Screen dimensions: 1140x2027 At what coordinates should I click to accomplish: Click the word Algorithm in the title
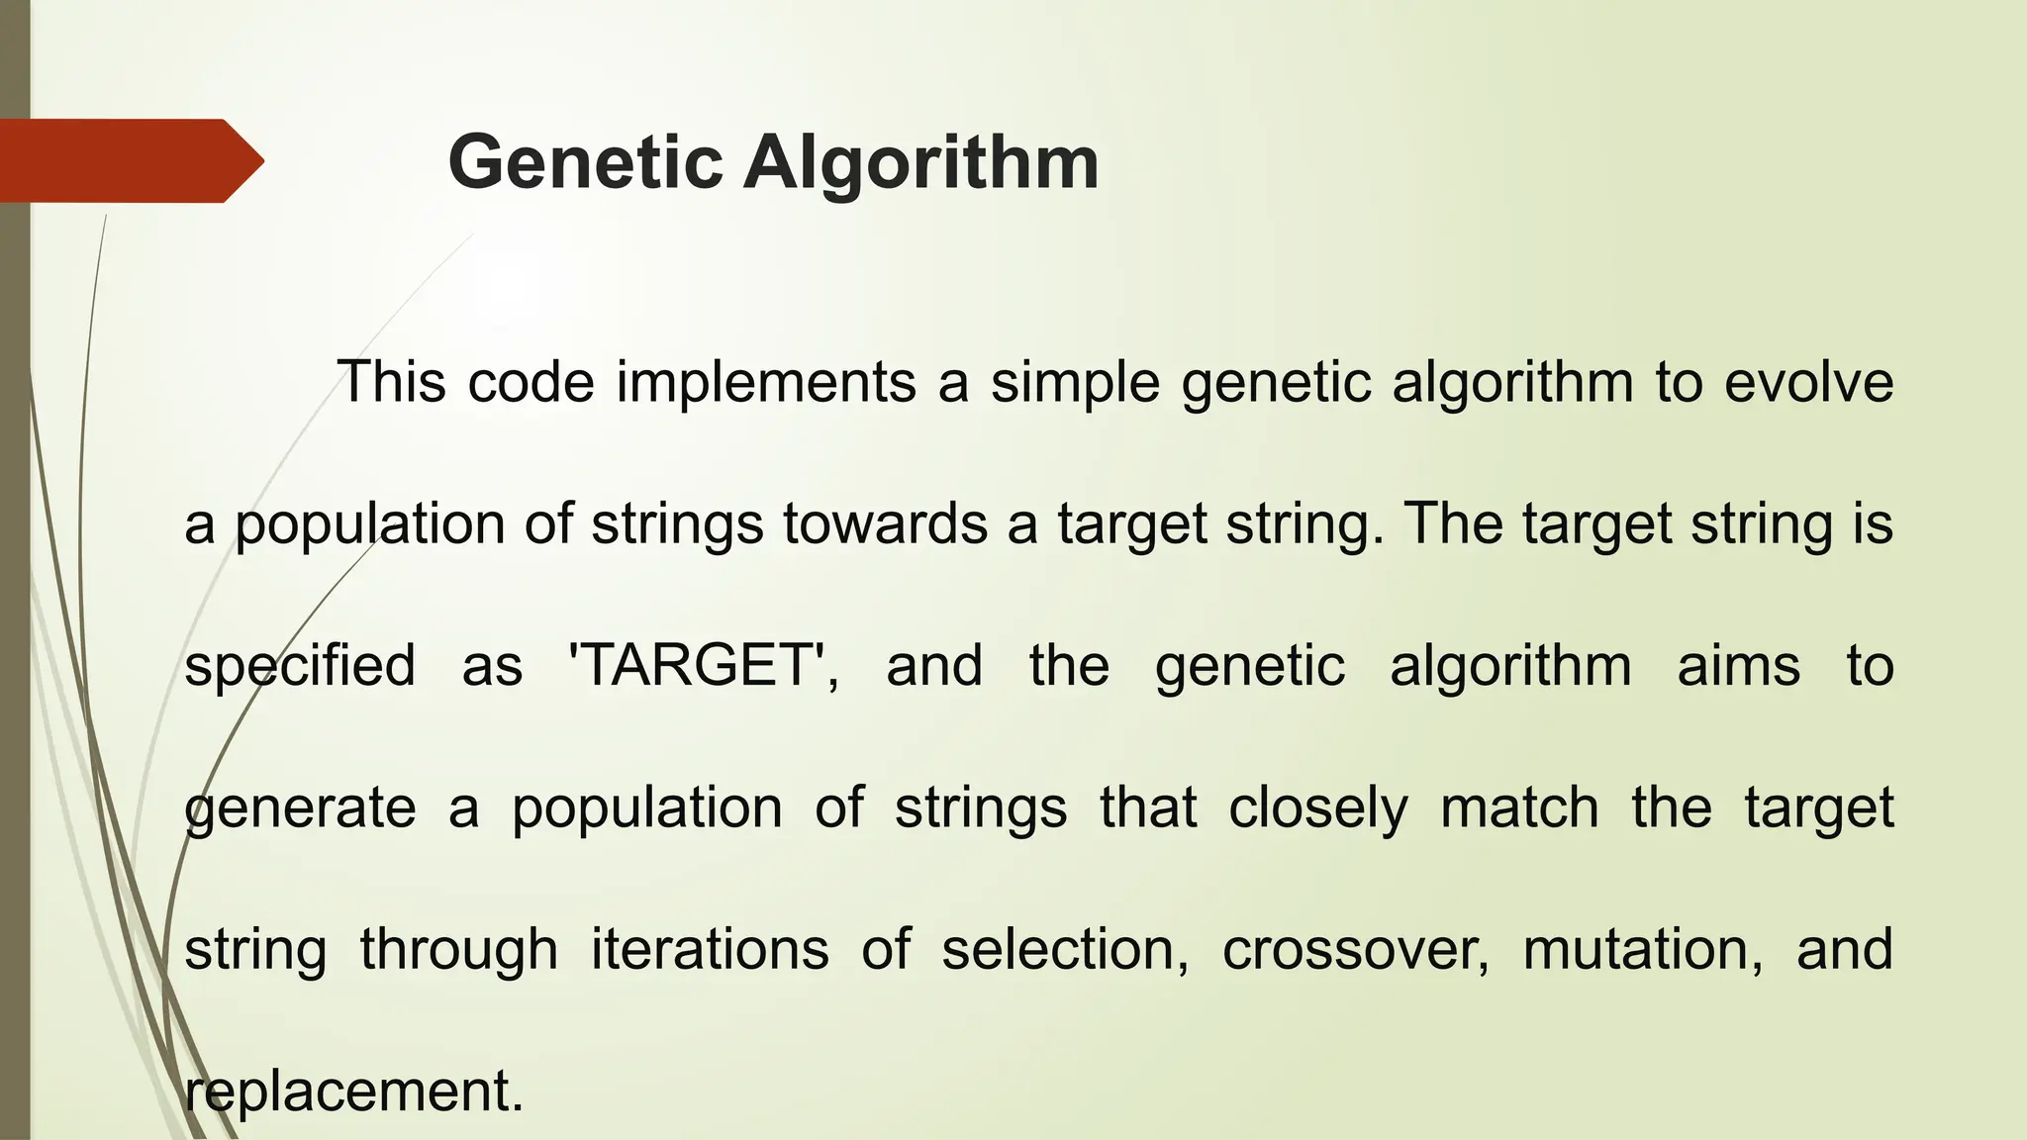point(921,163)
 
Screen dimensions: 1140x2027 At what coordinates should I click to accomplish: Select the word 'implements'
point(766,383)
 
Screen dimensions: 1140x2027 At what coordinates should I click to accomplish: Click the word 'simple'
point(1075,385)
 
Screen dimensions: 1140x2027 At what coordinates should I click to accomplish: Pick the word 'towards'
point(886,523)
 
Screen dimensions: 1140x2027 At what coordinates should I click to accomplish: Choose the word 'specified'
point(300,667)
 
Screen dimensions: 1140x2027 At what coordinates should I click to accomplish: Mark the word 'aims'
point(1739,665)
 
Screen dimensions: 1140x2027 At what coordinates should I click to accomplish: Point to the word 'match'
point(1519,807)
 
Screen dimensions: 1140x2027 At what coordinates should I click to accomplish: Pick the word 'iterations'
point(710,950)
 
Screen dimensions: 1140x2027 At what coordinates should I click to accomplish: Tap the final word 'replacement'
point(352,1092)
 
